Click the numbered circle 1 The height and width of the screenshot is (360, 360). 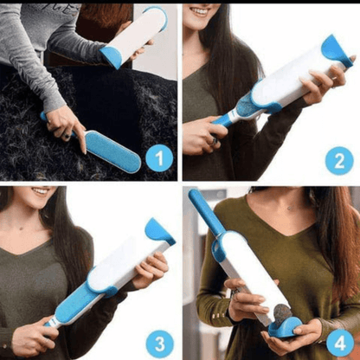click(x=159, y=158)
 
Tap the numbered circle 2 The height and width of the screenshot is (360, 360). click(x=339, y=161)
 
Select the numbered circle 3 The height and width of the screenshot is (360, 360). click(x=160, y=344)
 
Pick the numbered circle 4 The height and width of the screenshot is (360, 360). click(x=340, y=344)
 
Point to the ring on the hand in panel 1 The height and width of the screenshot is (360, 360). click(x=67, y=136)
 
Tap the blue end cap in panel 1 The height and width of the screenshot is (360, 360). click(x=111, y=57)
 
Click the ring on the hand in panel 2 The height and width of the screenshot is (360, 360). click(x=215, y=141)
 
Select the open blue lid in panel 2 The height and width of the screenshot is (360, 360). click(x=335, y=50)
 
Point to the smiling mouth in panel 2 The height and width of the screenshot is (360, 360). click(x=200, y=11)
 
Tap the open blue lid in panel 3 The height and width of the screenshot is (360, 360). click(x=159, y=230)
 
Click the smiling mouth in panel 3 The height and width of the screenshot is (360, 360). click(x=41, y=191)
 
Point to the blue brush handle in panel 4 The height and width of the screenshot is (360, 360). click(x=206, y=212)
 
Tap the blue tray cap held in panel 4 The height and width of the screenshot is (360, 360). click(x=285, y=327)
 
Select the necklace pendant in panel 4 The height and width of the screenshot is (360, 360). click(x=290, y=208)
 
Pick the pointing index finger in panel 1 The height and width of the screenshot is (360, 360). click(x=81, y=138)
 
